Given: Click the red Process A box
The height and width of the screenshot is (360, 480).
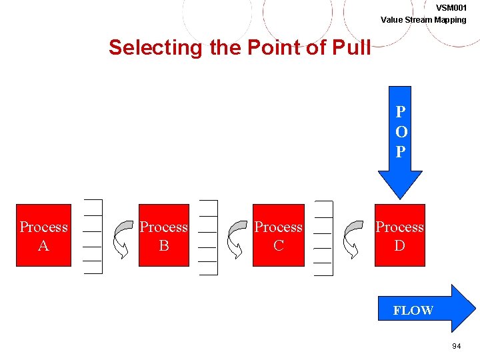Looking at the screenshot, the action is tap(43, 235).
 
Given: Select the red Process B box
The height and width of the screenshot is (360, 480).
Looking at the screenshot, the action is tap(163, 235).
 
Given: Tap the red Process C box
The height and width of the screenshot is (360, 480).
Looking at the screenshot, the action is tap(279, 235).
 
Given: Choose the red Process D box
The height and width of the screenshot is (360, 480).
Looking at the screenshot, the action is tap(399, 235).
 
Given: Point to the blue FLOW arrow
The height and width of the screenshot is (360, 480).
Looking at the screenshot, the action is tap(440, 309).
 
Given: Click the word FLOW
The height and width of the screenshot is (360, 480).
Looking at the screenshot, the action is tap(413, 310).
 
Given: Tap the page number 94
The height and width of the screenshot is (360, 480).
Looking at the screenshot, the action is tap(457, 346).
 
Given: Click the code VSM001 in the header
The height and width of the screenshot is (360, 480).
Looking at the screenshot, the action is tap(451, 7).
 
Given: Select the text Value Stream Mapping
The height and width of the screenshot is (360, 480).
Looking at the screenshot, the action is tap(423, 19).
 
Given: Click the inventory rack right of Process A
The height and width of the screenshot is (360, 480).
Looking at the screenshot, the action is tap(93, 237).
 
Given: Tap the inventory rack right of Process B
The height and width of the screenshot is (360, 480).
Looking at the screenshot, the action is tap(208, 237).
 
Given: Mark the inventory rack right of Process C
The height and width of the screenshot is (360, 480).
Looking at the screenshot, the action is tap(323, 237).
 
